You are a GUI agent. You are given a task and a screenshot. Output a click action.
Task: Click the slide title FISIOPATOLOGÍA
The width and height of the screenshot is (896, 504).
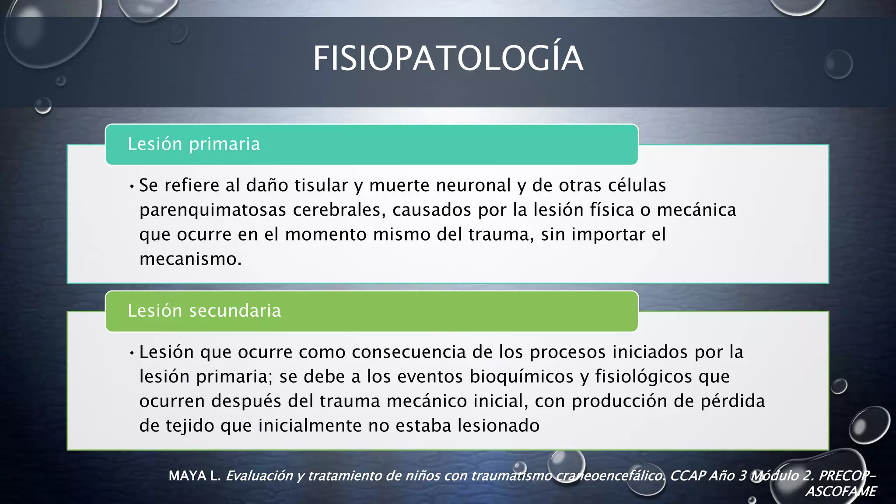coord(448,59)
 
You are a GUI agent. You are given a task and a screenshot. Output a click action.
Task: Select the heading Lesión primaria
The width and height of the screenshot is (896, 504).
coord(194,144)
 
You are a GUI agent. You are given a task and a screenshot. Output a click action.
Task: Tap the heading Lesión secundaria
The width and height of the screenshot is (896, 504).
coord(204,311)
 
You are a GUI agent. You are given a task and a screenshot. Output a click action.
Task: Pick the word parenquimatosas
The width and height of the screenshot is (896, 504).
coord(213,210)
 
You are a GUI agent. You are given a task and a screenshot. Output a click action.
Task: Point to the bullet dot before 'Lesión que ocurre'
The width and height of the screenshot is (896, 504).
coord(132,353)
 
